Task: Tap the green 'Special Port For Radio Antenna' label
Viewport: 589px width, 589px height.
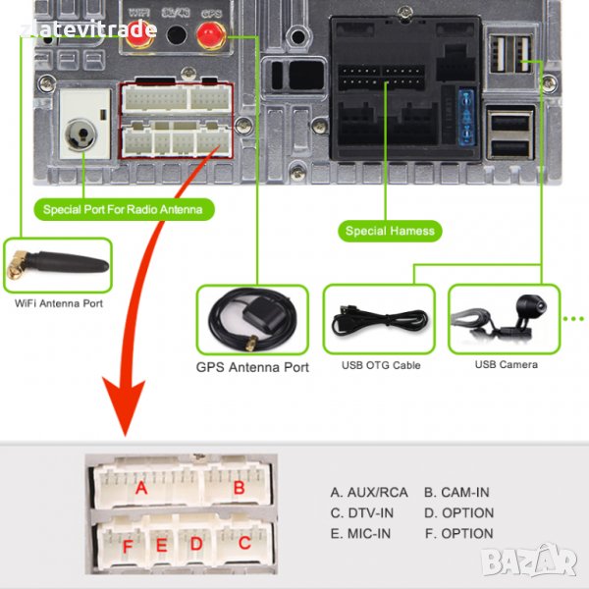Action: (x=128, y=209)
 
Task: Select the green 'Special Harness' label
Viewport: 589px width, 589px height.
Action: (x=390, y=232)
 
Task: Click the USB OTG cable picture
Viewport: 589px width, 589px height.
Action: (x=379, y=319)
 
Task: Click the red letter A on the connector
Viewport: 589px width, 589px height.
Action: (x=142, y=487)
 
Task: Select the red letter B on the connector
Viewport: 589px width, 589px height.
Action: (x=238, y=487)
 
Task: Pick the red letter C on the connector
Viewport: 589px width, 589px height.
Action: (x=245, y=542)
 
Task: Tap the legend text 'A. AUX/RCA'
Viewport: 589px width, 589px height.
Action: (x=368, y=493)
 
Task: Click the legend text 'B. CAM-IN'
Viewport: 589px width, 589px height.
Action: (x=456, y=493)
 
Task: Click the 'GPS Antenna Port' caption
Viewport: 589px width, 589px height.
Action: (x=253, y=368)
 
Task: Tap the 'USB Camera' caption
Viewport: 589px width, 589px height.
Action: (x=506, y=365)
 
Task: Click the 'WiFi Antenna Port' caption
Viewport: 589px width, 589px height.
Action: (x=59, y=304)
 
